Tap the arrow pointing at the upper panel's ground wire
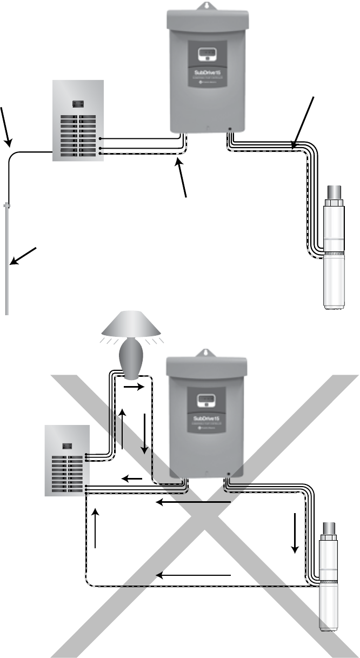click(6, 127)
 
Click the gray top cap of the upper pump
click(333, 192)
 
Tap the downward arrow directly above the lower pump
click(295, 533)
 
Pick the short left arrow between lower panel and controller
click(132, 478)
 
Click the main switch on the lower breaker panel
click(68, 446)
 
